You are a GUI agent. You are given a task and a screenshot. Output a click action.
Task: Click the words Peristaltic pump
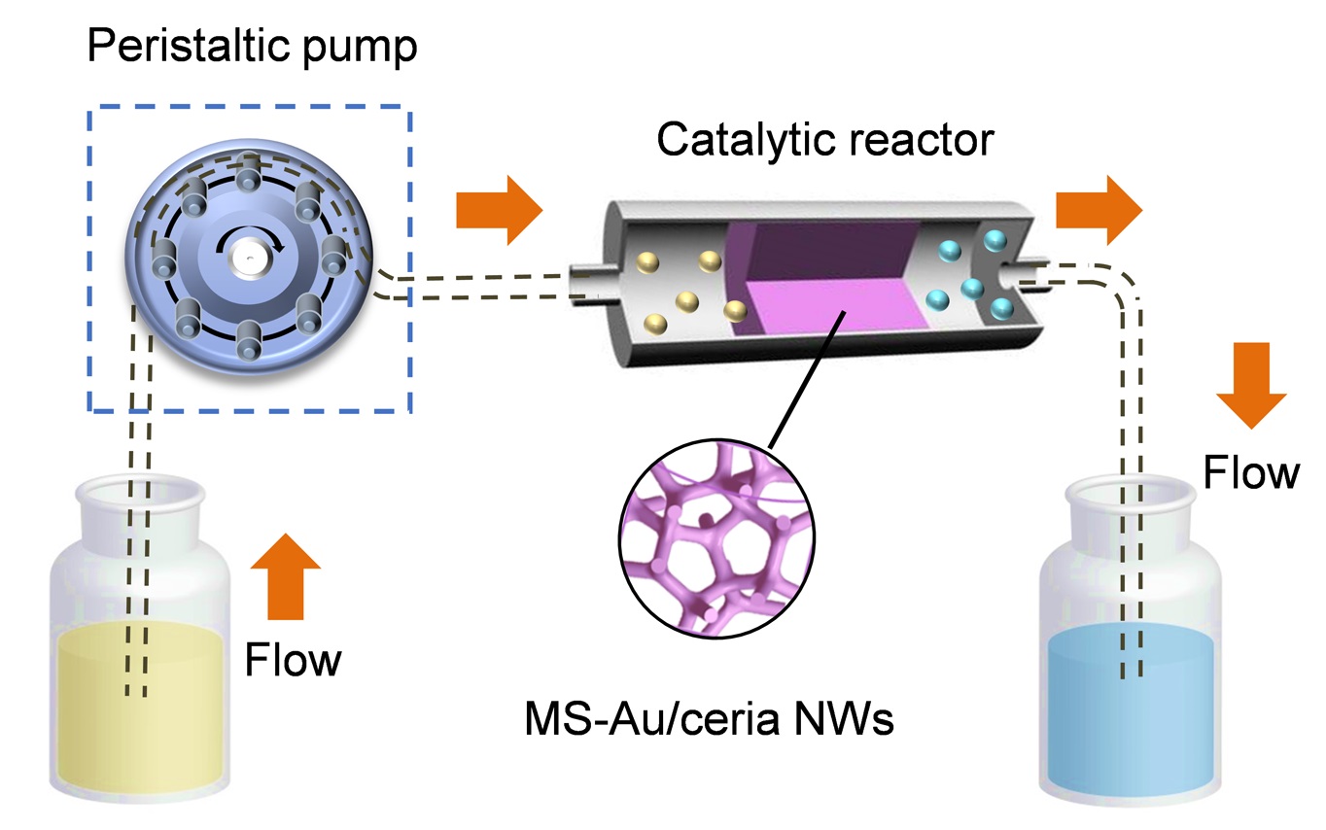tap(252, 46)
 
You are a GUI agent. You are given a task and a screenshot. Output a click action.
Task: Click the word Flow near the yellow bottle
tap(293, 660)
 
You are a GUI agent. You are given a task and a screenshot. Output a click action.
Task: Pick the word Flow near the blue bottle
tap(1251, 473)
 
